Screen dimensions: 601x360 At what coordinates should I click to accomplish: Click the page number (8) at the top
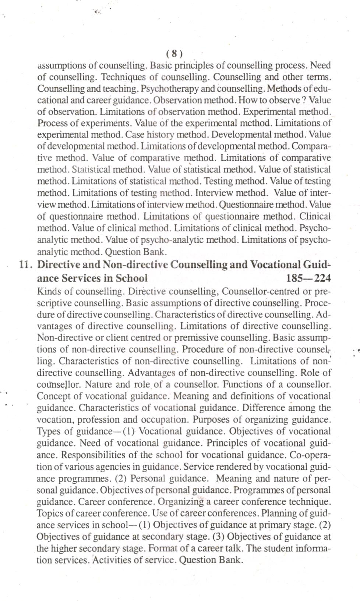174,54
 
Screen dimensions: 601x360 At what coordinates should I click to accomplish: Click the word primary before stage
274,525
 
